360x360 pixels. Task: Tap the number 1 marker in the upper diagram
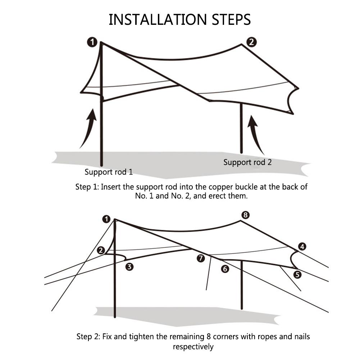[92, 42]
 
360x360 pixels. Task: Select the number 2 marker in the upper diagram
[251, 42]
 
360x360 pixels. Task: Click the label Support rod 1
[109, 172]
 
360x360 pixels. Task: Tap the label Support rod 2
[247, 162]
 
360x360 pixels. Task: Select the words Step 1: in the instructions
[87, 187]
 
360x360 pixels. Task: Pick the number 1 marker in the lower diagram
[106, 219]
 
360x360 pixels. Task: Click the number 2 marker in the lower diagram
[101, 250]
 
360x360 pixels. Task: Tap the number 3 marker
[129, 266]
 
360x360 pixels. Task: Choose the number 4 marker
[302, 246]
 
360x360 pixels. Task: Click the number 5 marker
[297, 274]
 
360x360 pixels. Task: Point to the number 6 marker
[225, 268]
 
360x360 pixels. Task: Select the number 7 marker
[201, 258]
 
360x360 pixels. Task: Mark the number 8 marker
[245, 215]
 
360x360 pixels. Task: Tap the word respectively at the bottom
[193, 347]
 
